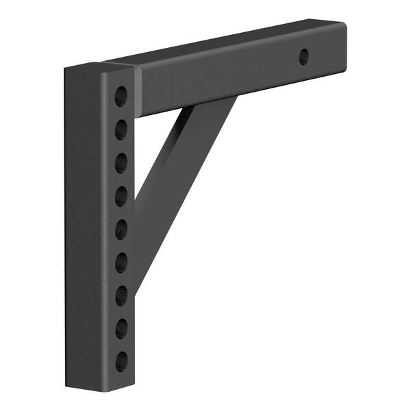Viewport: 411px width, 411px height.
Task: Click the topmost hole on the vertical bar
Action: coord(121,95)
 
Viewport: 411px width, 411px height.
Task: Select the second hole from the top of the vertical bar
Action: coord(121,128)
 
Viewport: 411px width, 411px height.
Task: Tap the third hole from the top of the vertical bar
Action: coord(121,162)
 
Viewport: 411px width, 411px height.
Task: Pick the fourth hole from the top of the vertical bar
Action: coord(121,196)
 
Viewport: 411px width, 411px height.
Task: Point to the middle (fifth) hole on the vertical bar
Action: coord(121,228)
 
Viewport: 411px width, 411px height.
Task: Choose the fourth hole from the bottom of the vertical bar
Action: coord(121,262)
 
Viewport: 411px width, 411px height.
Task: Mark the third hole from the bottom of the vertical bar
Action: coord(121,295)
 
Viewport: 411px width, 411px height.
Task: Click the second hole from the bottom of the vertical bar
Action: coord(121,328)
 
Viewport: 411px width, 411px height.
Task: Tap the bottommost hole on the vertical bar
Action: coord(121,361)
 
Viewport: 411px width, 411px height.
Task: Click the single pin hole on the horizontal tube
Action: coord(303,57)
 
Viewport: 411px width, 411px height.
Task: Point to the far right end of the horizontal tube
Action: coord(342,48)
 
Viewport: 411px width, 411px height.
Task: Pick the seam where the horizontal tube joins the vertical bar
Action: coord(137,89)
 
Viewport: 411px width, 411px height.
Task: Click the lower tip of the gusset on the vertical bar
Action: coord(136,288)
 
